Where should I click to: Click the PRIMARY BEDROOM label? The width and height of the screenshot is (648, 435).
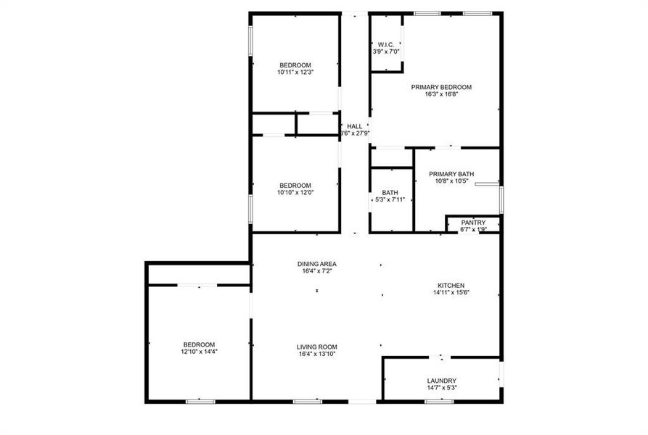(x=441, y=87)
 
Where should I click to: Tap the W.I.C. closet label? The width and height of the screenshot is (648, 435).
(x=385, y=43)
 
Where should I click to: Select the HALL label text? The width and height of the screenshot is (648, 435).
(x=354, y=126)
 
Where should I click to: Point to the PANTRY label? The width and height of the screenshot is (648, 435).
(x=473, y=223)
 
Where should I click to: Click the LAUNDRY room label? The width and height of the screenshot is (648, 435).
(x=441, y=381)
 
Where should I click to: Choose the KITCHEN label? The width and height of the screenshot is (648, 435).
(x=451, y=286)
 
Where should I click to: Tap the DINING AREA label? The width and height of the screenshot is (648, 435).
(x=317, y=264)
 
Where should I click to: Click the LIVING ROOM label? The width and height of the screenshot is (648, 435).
(x=317, y=347)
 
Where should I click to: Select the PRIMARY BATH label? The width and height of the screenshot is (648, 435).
(x=451, y=174)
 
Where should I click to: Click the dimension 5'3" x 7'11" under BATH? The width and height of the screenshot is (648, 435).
(x=390, y=200)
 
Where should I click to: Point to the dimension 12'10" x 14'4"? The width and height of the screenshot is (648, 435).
(x=199, y=352)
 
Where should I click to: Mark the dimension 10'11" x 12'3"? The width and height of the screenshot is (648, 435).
(x=295, y=72)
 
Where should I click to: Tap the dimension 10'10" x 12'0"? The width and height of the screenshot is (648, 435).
(x=295, y=192)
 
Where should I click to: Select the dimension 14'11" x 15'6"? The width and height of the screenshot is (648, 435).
(x=451, y=293)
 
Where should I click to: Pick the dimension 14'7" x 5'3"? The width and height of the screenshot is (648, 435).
(x=441, y=388)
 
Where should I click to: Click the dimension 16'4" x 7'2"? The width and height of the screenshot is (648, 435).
(x=317, y=271)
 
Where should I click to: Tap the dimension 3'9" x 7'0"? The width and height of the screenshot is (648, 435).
(x=385, y=51)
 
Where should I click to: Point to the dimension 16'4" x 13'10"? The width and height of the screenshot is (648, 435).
(x=317, y=355)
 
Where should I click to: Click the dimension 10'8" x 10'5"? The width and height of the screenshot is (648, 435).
(x=451, y=181)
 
